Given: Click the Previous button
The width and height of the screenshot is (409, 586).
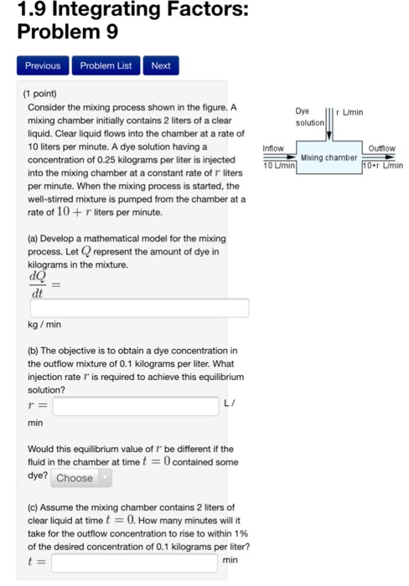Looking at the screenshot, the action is tap(43, 65).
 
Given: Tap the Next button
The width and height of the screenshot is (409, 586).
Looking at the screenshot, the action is tap(160, 65).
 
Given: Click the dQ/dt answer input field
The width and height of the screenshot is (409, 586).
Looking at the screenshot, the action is tap(139, 308).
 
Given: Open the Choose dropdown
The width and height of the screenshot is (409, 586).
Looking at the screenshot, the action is tap(80, 478).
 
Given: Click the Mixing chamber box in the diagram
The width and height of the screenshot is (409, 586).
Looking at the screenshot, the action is tap(329, 157).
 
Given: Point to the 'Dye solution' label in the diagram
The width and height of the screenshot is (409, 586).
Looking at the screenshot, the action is tap(308, 117).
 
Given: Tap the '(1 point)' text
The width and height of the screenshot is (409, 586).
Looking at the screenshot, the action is tap(46, 94).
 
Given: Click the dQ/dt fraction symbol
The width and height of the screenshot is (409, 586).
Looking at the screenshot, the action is tap(38, 285).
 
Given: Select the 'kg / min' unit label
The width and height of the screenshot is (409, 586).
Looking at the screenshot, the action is tap(44, 325).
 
